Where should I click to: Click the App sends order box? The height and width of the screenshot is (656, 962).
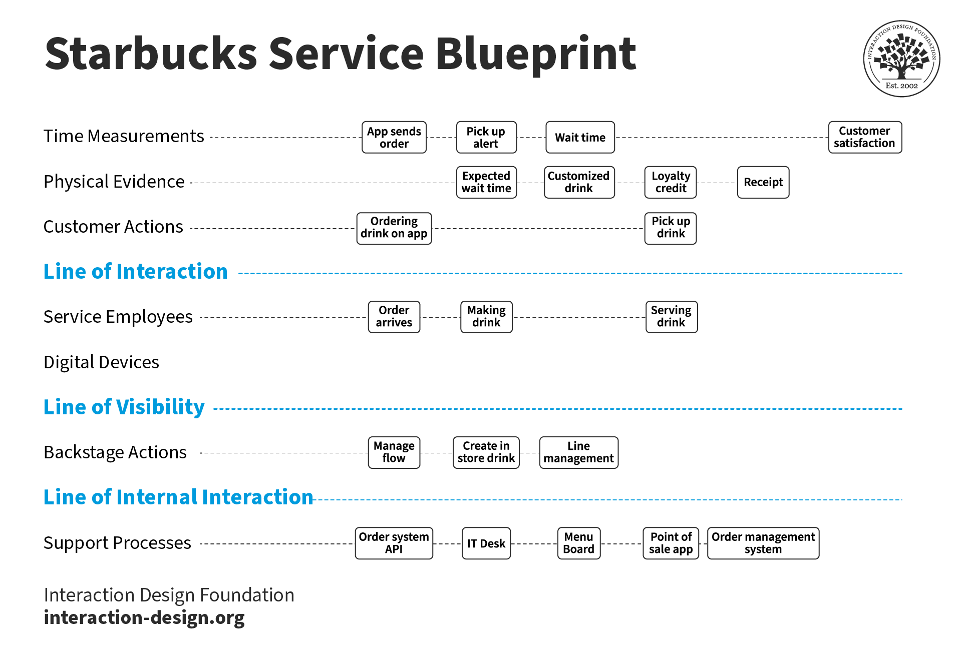[394, 137]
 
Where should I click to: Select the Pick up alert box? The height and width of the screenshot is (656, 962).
[486, 137]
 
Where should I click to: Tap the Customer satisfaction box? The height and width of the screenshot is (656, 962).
[864, 137]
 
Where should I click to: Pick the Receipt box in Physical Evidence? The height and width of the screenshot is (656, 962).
[763, 182]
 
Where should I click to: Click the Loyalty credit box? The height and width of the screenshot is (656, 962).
[670, 182]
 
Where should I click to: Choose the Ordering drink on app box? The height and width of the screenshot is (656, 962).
[394, 228]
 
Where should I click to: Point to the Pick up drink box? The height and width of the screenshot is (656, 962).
[670, 228]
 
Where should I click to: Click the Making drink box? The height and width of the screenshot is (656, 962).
[486, 317]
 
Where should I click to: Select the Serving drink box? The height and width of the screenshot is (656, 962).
[671, 317]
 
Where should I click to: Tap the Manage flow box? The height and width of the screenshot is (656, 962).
[394, 452]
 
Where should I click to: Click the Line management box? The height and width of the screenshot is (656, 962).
[578, 452]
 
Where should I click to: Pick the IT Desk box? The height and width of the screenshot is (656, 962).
[486, 543]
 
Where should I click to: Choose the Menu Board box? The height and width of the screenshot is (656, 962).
[578, 543]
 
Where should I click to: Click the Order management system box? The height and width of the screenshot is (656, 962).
[763, 543]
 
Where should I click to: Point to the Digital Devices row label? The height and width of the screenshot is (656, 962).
[101, 362]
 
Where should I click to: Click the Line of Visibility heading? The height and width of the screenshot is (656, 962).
[124, 407]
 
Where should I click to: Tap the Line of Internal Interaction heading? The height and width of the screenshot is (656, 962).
[178, 497]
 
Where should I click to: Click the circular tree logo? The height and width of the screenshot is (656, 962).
[901, 59]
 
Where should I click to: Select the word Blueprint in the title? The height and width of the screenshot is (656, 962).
[535, 54]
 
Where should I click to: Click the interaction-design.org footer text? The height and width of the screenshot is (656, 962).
[144, 617]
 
